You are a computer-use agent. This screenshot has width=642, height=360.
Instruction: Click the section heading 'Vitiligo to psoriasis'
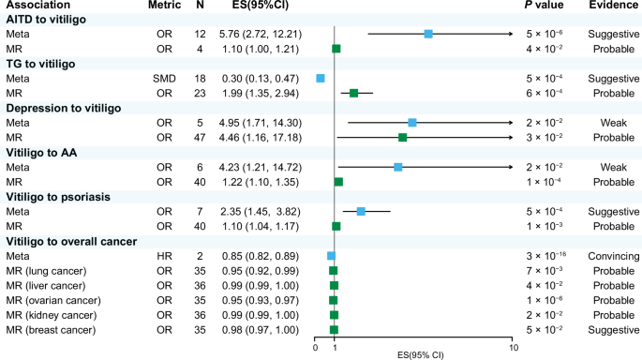click(56, 197)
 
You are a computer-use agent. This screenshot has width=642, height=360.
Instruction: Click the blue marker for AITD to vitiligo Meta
click(428, 34)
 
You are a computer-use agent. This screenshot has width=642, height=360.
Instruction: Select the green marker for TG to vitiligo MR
click(353, 93)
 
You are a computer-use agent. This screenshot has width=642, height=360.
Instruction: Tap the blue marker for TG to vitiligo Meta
click(321, 79)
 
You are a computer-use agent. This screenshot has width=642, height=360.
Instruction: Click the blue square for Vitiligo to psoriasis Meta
click(361, 212)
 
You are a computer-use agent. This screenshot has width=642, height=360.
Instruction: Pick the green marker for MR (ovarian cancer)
click(333, 300)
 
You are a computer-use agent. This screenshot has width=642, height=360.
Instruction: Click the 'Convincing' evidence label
click(607, 256)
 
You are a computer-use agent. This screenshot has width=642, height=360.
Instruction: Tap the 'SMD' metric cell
click(165, 79)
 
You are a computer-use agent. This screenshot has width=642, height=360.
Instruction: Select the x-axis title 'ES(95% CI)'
click(421, 354)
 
